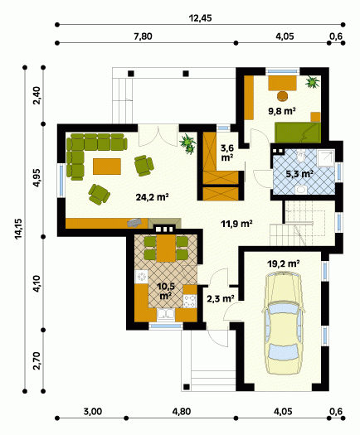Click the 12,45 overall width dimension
click(x=200, y=18)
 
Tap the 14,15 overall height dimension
click(x=18, y=229)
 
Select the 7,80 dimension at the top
click(x=143, y=36)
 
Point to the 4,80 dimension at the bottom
click(x=182, y=412)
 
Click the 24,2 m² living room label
click(x=153, y=197)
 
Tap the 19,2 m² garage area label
click(x=284, y=263)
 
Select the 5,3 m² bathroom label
click(x=299, y=174)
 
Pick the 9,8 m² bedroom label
click(x=282, y=111)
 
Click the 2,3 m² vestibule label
click(x=221, y=298)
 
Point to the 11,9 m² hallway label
click(x=236, y=224)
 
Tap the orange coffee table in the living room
click(x=107, y=167)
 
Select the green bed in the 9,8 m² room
click(x=298, y=133)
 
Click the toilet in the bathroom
click(x=300, y=157)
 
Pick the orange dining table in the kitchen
click(x=166, y=249)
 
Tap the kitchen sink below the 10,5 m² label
click(x=166, y=315)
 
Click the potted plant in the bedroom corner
click(x=313, y=82)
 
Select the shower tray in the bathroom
click(x=326, y=158)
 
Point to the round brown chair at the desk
click(x=283, y=96)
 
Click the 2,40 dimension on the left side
click(x=37, y=95)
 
